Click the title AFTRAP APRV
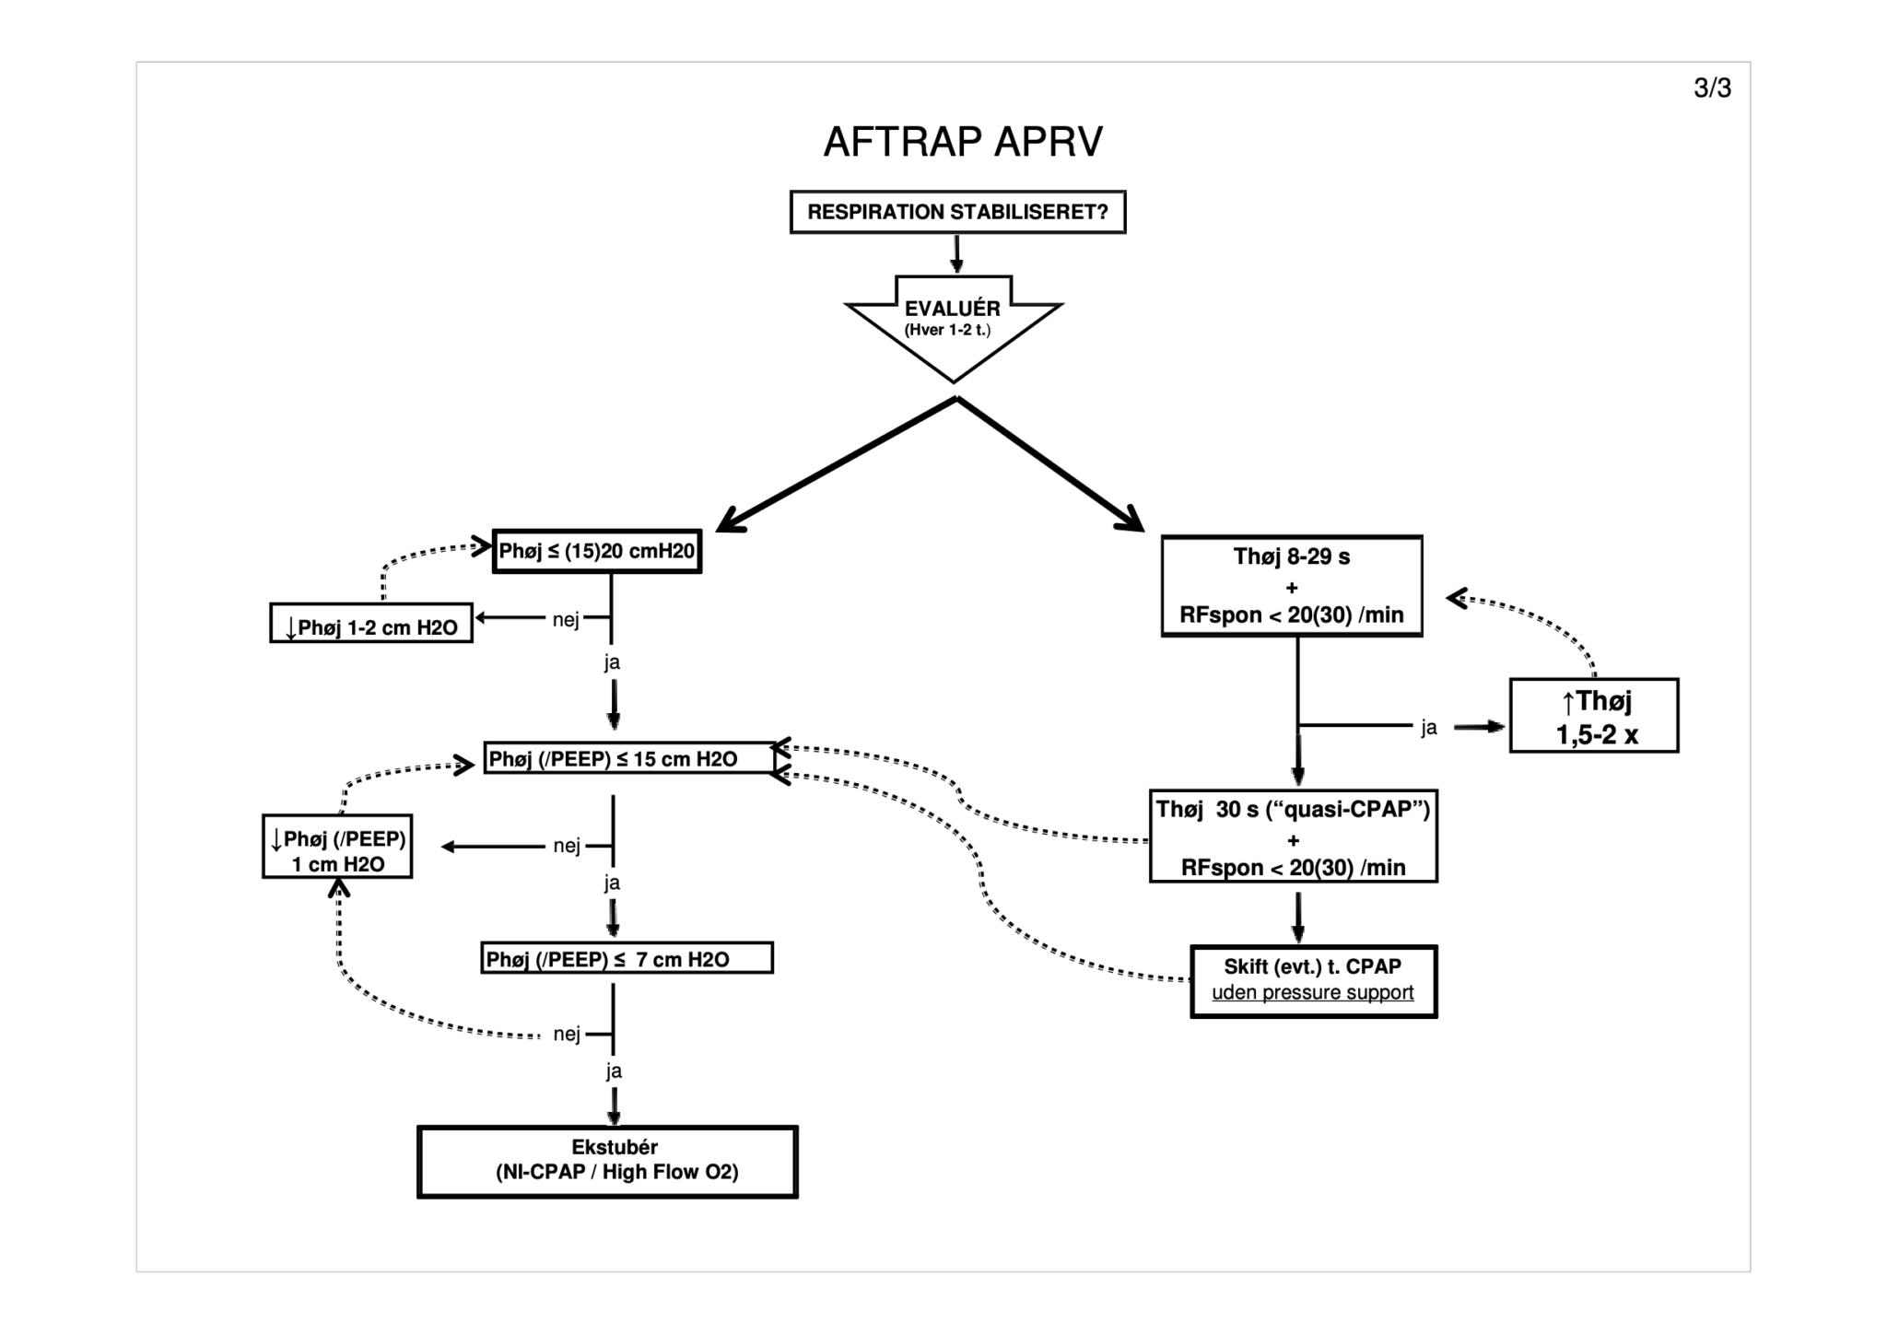pyautogui.click(x=962, y=142)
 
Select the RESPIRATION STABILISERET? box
pyautogui.click(x=957, y=212)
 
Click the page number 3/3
pyautogui.click(x=1712, y=88)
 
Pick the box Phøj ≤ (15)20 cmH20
pyautogui.click(x=597, y=551)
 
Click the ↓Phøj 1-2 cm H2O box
pyautogui.click(x=371, y=624)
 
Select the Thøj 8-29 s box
pyautogui.click(x=1291, y=586)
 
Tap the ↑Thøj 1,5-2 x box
pyautogui.click(x=1593, y=716)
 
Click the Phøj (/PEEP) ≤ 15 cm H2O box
pyautogui.click(x=629, y=758)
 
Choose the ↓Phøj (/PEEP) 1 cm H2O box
pyautogui.click(x=337, y=846)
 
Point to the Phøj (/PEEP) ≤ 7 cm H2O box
pyautogui.click(x=627, y=958)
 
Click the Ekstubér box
pyautogui.click(x=607, y=1161)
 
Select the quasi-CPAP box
pyautogui.click(x=1293, y=837)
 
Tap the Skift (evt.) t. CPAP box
pyautogui.click(x=1313, y=981)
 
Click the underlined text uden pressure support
pyautogui.click(x=1312, y=993)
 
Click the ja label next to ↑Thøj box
pyautogui.click(x=1428, y=728)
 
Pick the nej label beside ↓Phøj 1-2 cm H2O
pyautogui.click(x=566, y=619)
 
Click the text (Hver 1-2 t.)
pyautogui.click(x=947, y=331)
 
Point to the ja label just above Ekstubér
pyautogui.click(x=614, y=1071)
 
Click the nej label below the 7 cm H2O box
pyautogui.click(x=567, y=1034)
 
